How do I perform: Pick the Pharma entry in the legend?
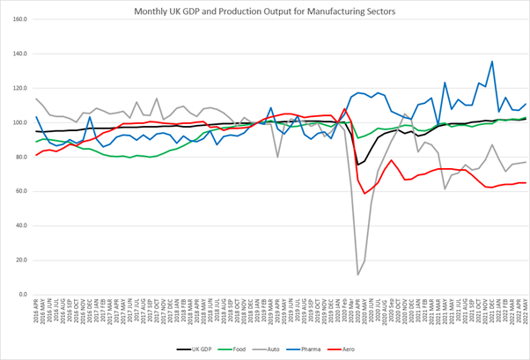point(334,349)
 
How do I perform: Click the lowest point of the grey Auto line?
point(358,275)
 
